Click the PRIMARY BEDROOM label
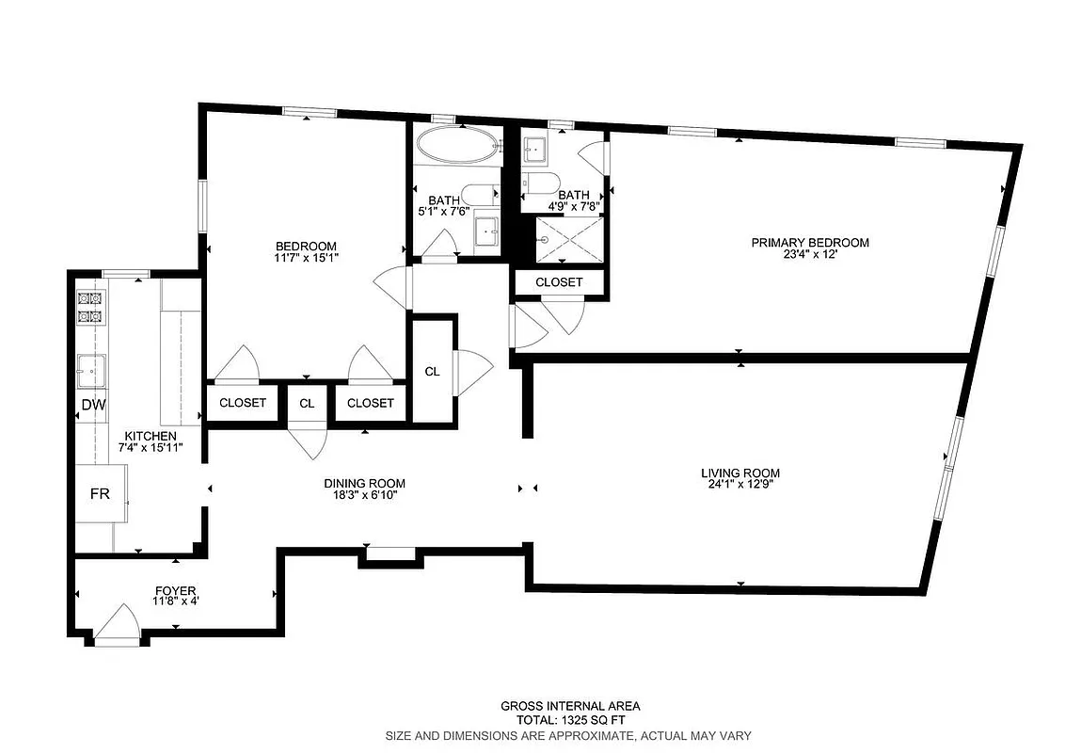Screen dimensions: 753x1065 [809, 242]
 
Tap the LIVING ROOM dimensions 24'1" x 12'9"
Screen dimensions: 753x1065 [740, 487]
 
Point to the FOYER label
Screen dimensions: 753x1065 [177, 591]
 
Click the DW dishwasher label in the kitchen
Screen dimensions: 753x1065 [92, 406]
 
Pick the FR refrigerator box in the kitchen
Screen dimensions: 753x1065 [100, 493]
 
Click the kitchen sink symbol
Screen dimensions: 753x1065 [91, 370]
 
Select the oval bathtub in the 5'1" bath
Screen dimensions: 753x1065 [457, 148]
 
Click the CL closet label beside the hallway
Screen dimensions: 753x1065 [432, 371]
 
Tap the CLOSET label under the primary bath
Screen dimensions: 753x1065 [559, 282]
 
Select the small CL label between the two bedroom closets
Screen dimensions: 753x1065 [307, 403]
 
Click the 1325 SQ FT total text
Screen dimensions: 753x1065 [570, 720]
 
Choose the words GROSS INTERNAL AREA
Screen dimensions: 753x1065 [570, 706]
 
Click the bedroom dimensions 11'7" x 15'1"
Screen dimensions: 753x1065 [306, 259]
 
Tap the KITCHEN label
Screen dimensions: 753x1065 [151, 436]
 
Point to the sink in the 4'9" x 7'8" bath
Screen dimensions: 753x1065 [535, 149]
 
